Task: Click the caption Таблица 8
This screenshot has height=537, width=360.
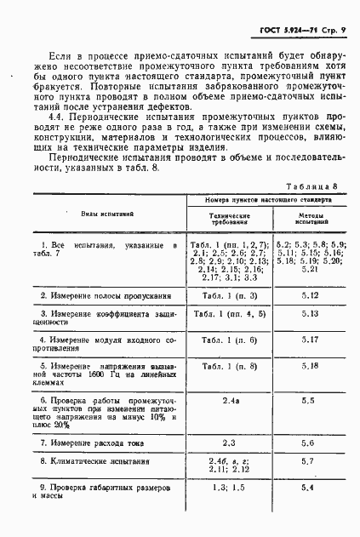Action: click(x=311, y=186)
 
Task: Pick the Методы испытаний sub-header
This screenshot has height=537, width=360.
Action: click(x=308, y=219)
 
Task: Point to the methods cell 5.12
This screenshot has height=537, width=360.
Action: click(x=309, y=295)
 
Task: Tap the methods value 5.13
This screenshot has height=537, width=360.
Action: click(x=309, y=314)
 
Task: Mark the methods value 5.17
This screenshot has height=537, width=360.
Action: click(x=309, y=340)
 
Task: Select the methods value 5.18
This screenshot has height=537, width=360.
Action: click(x=309, y=366)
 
